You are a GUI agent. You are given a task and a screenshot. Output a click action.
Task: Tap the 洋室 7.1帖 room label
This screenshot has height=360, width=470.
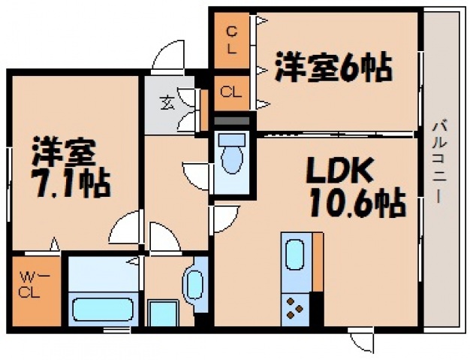70,168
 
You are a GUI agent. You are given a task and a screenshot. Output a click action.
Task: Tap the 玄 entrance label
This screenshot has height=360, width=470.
166,102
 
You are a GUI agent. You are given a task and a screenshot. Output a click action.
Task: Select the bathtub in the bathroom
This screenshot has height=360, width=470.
101,309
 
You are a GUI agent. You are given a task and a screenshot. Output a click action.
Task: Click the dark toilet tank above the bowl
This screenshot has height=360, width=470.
232,119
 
